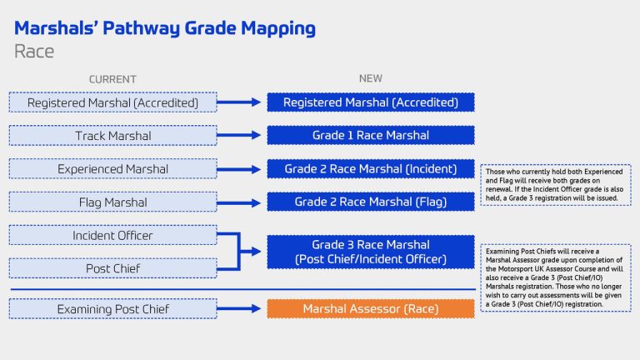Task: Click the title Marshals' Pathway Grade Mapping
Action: [165, 28]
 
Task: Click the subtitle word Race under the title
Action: [34, 51]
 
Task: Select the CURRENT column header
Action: [112, 79]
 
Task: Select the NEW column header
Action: [370, 79]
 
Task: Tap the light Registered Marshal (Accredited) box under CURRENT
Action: [112, 102]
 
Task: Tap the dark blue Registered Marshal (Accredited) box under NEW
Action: [370, 102]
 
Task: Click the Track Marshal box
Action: [112, 136]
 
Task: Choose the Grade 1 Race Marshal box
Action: [370, 136]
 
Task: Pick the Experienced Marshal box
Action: [112, 169]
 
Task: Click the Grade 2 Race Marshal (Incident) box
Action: [370, 169]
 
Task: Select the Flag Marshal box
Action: [112, 202]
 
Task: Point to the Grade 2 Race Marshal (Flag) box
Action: [370, 202]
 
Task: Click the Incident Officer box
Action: [112, 236]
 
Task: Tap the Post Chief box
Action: [112, 268]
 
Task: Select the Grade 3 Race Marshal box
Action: [370, 252]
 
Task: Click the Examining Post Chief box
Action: [112, 309]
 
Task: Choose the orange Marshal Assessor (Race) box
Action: [370, 309]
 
